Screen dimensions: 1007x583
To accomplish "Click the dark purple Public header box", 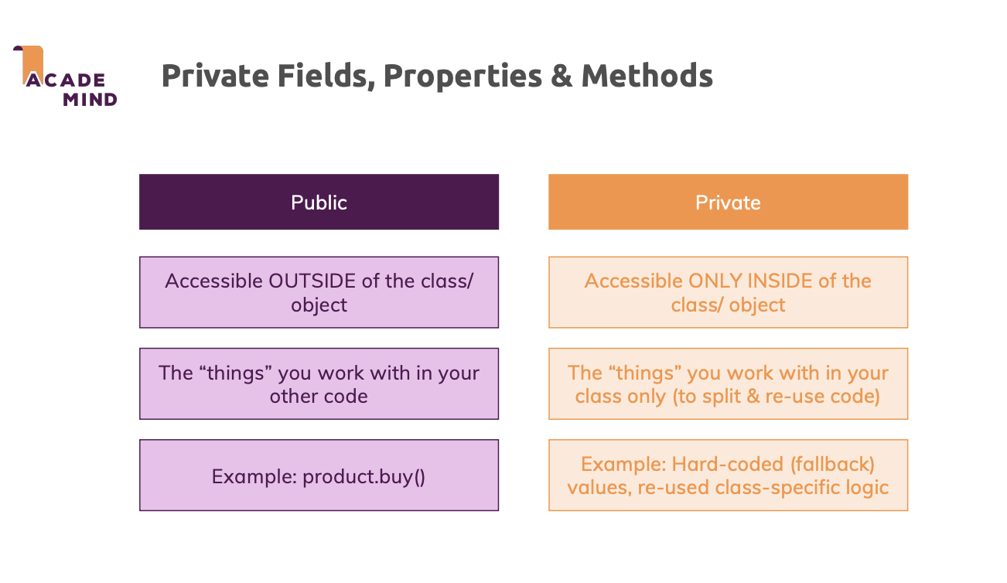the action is [319, 202].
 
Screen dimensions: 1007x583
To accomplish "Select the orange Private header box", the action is [728, 202].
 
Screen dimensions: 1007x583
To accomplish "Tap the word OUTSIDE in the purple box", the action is [312, 281].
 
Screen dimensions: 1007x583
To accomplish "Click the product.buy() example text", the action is [364, 476].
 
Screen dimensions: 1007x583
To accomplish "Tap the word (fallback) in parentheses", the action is [832, 465].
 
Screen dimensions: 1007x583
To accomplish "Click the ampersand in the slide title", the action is [561, 76].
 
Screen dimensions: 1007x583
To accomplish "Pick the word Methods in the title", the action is [647, 75].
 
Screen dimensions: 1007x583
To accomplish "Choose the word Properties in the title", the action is [463, 77].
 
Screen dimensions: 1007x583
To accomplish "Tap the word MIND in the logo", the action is [90, 100].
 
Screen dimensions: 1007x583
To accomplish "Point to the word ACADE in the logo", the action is [66, 80].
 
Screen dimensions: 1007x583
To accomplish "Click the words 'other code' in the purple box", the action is [319, 397].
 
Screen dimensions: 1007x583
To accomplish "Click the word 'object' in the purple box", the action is [319, 305].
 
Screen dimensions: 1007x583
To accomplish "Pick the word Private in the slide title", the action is [215, 76].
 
